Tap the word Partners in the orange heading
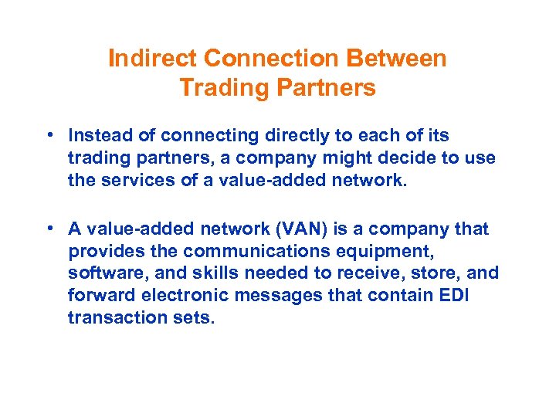click(x=324, y=88)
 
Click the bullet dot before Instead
click(x=49, y=136)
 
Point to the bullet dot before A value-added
click(x=49, y=229)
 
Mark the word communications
click(x=244, y=251)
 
